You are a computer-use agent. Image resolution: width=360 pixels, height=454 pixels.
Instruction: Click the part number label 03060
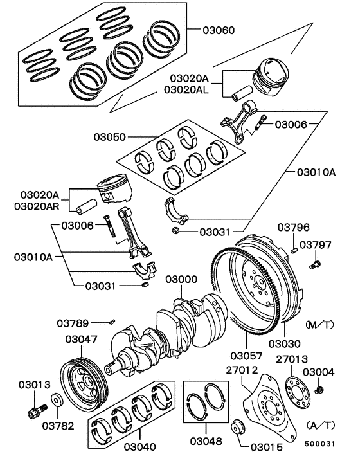pyautogui.click(x=219, y=30)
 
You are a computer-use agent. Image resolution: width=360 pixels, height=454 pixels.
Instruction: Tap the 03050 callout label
pyautogui.click(x=110, y=137)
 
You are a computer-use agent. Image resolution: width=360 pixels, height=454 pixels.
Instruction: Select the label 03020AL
pyautogui.click(x=186, y=89)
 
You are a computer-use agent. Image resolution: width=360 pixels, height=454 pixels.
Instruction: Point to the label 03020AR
pyautogui.click(x=37, y=206)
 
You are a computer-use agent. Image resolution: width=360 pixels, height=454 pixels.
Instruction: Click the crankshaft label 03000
pyautogui.click(x=181, y=279)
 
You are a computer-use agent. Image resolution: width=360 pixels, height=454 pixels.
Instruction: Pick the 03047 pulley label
pyautogui.click(x=81, y=339)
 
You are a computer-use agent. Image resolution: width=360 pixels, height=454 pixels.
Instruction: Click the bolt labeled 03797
pyautogui.click(x=315, y=264)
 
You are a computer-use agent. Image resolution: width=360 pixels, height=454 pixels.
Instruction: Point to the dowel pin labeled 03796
pyautogui.click(x=294, y=250)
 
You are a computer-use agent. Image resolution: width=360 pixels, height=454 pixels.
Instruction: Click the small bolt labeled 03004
pyautogui.click(x=319, y=390)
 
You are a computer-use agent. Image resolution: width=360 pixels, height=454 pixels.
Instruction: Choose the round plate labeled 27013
pyautogui.click(x=298, y=392)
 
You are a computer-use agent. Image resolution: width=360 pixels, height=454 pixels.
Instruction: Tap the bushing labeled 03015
pyautogui.click(x=238, y=426)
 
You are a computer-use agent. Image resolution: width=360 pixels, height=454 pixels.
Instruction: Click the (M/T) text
pyautogui.click(x=319, y=325)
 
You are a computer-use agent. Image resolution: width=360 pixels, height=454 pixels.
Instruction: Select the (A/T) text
pyautogui.click(x=320, y=425)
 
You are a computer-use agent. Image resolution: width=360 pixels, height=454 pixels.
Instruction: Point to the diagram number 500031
pyautogui.click(x=319, y=444)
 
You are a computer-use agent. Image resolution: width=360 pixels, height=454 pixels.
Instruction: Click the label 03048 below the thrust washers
pyautogui.click(x=206, y=441)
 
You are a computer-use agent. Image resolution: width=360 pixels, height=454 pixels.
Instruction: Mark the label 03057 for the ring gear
pyautogui.click(x=246, y=355)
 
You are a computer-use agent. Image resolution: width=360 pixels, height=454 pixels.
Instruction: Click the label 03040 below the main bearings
pyautogui.click(x=140, y=446)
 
